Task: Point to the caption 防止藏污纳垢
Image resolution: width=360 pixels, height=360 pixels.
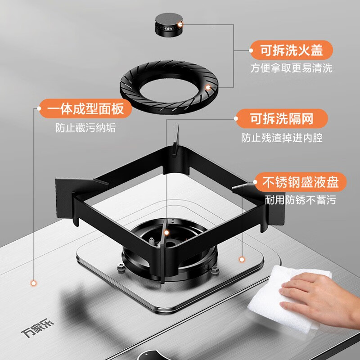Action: coord(83,127)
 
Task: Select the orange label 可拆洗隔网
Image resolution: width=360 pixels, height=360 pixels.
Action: coord(281,119)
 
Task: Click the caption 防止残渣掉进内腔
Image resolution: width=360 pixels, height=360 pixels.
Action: coord(281,138)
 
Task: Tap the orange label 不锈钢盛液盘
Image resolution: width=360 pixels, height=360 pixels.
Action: coord(301,182)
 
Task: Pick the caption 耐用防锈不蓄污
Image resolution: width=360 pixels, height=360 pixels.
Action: coord(301,201)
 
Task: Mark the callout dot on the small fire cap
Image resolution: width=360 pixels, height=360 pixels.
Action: coord(180,24)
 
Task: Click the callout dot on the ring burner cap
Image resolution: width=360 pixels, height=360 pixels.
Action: coord(208,88)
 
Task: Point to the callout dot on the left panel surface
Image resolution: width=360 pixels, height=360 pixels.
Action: coord(33,283)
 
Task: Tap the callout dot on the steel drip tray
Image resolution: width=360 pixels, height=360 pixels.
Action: coord(242,259)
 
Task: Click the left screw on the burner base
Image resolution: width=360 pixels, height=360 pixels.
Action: coord(121,269)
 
